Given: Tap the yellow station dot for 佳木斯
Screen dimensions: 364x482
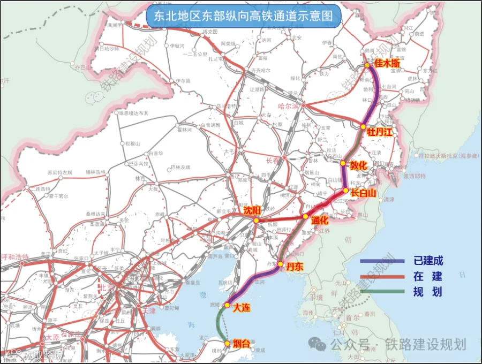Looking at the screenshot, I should tap(367, 65).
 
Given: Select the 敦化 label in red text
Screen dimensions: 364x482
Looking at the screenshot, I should tap(358, 165).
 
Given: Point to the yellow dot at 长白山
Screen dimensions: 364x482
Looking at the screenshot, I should tap(346, 191).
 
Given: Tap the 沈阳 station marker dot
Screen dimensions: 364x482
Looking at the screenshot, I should tap(256, 220).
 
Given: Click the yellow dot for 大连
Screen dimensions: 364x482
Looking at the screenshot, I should tap(227, 306).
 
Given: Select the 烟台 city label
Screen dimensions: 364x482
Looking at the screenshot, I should tap(242, 344).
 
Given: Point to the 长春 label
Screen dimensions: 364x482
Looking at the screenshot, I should tap(273, 161).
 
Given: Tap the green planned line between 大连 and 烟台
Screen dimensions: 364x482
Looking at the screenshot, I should tap(218, 324).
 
